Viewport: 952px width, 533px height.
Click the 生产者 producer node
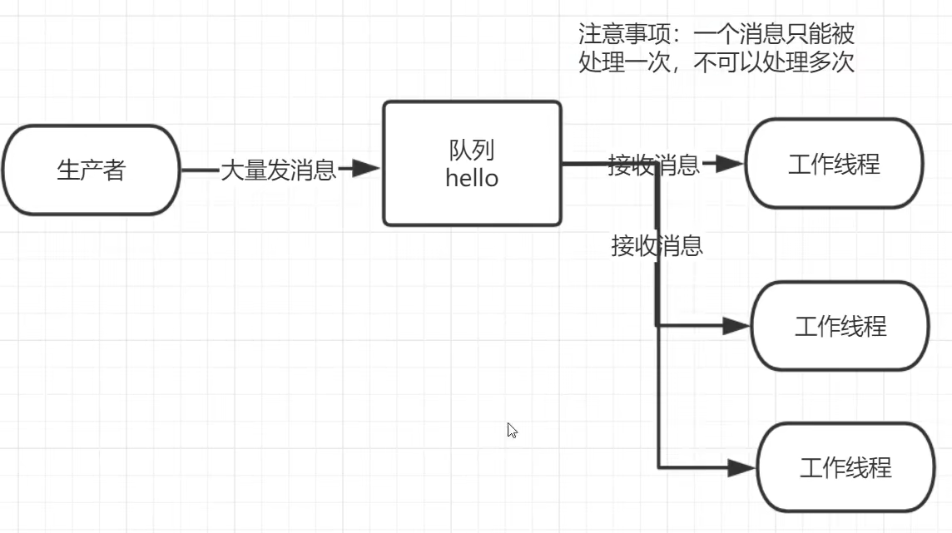click(91, 170)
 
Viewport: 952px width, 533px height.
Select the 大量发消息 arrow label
click(278, 170)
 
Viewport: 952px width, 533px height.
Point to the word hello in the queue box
click(472, 178)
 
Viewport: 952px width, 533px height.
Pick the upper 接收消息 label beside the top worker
click(653, 165)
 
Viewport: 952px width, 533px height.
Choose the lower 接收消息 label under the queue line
click(657, 245)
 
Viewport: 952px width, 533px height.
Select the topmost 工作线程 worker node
click(834, 164)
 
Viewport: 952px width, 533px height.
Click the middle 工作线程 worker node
click(840, 326)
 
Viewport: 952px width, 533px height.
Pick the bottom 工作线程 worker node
click(845, 468)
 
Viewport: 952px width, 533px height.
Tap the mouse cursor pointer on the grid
click(511, 429)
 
